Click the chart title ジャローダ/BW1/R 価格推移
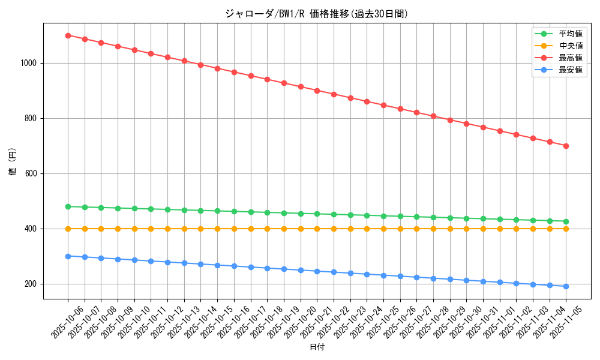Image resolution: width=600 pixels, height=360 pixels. [x=316, y=14]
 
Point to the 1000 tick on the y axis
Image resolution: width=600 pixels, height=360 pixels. [x=28, y=63]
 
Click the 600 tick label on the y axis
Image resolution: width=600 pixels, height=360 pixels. [x=31, y=173]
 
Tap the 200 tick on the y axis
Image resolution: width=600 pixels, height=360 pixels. [x=31, y=284]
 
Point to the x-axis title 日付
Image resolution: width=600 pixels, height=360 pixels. [x=317, y=347]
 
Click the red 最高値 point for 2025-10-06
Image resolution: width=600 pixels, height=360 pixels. [x=68, y=35]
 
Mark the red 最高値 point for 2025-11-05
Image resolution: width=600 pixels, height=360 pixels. [x=566, y=146]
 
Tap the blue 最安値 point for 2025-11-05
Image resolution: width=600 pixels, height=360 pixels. [x=566, y=286]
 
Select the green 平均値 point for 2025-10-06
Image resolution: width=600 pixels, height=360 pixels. [x=68, y=206]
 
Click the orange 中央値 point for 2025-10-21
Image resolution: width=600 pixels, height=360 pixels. [x=317, y=229]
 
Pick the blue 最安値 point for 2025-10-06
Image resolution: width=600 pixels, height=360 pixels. [x=68, y=256]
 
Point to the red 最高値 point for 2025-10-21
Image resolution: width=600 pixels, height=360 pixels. [x=317, y=91]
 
